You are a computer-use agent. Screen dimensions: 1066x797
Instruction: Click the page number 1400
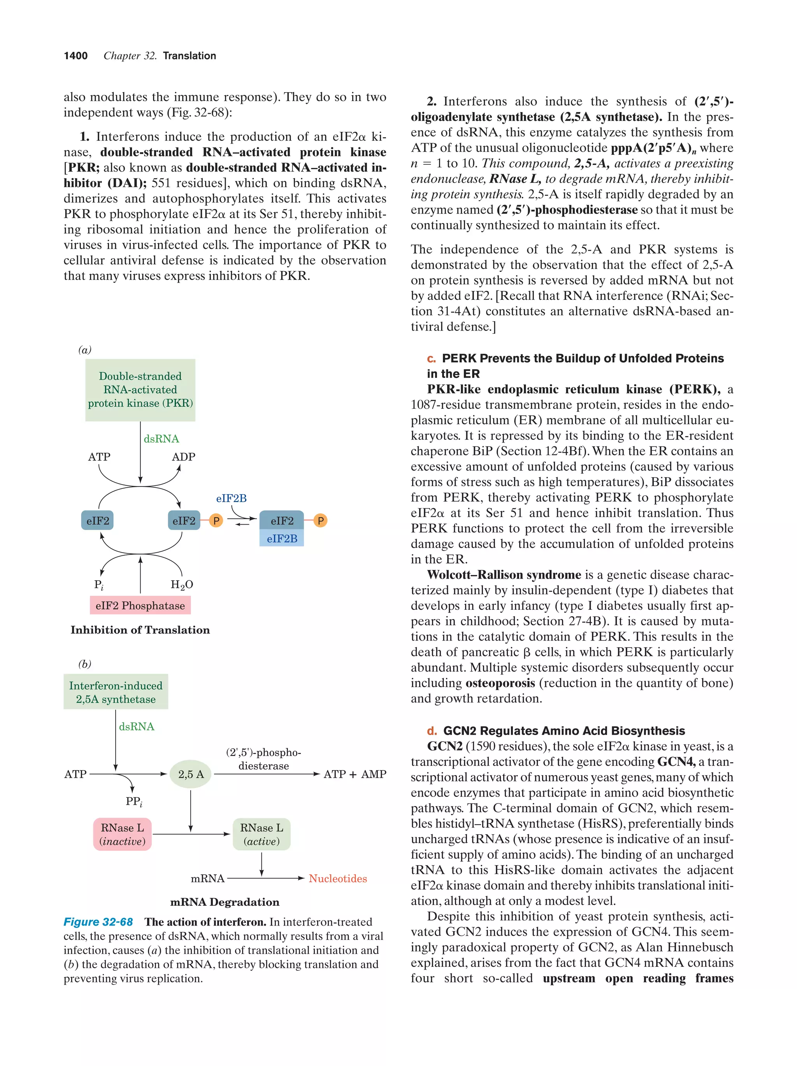pyautogui.click(x=76, y=56)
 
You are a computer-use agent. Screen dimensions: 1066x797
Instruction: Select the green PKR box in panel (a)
pyautogui.click(x=140, y=390)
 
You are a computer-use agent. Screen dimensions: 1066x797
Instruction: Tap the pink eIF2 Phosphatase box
pyautogui.click(x=140, y=605)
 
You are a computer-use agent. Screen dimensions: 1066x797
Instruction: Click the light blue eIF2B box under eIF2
pyautogui.click(x=282, y=538)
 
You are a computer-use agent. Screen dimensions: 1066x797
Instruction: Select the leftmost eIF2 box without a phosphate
pyautogui.click(x=97, y=520)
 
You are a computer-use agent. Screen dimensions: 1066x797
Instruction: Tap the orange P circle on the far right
pyautogui.click(x=320, y=520)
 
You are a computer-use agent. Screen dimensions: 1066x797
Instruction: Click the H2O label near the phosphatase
pyautogui.click(x=182, y=585)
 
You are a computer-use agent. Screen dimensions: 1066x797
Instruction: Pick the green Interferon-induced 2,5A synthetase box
pyautogui.click(x=116, y=692)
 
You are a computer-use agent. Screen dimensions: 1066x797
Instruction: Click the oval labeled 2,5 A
pyautogui.click(x=191, y=774)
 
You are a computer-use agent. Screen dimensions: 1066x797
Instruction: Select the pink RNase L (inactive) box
pyautogui.click(x=123, y=834)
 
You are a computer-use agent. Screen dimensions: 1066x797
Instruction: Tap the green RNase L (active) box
pyautogui.click(x=262, y=834)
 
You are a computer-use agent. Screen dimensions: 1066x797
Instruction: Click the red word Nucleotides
pyautogui.click(x=337, y=879)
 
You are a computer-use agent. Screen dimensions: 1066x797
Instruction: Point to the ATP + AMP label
pyautogui.click(x=355, y=774)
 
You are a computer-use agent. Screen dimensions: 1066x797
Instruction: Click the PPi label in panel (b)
pyautogui.click(x=133, y=802)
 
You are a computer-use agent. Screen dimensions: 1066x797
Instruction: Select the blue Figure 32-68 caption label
pyautogui.click(x=98, y=922)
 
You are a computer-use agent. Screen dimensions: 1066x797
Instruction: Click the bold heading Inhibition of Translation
pyautogui.click(x=140, y=630)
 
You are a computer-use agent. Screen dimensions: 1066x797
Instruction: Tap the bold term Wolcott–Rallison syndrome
pyautogui.click(x=504, y=575)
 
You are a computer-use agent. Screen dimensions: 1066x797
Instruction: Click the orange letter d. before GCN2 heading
pyautogui.click(x=432, y=731)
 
